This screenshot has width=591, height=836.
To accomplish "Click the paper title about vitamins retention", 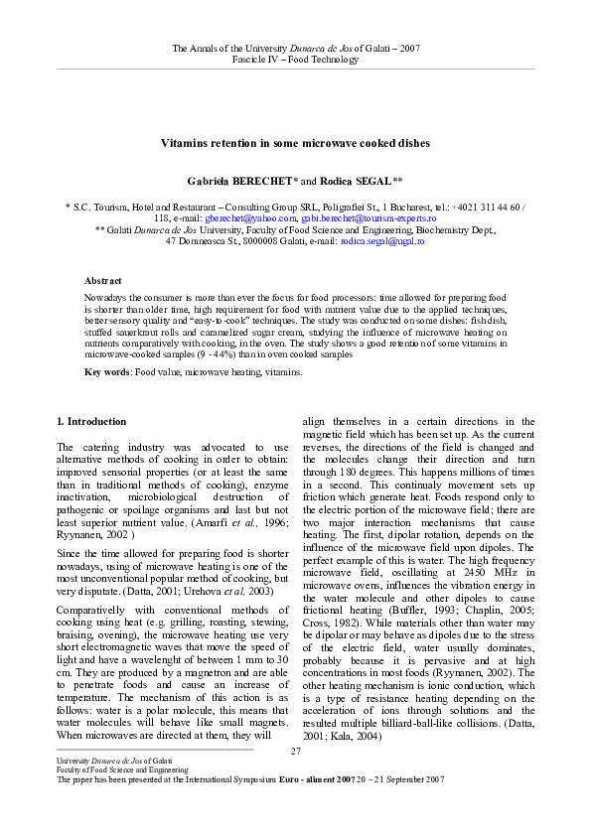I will click(295, 143).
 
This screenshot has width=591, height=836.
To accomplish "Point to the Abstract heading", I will click(103, 282).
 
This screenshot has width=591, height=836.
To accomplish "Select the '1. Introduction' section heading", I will click(91, 421).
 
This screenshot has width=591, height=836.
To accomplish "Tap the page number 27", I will click(295, 750).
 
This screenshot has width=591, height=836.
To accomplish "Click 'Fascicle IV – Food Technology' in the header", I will click(295, 60).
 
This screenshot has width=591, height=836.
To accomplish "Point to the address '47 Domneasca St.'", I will click(200, 241).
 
